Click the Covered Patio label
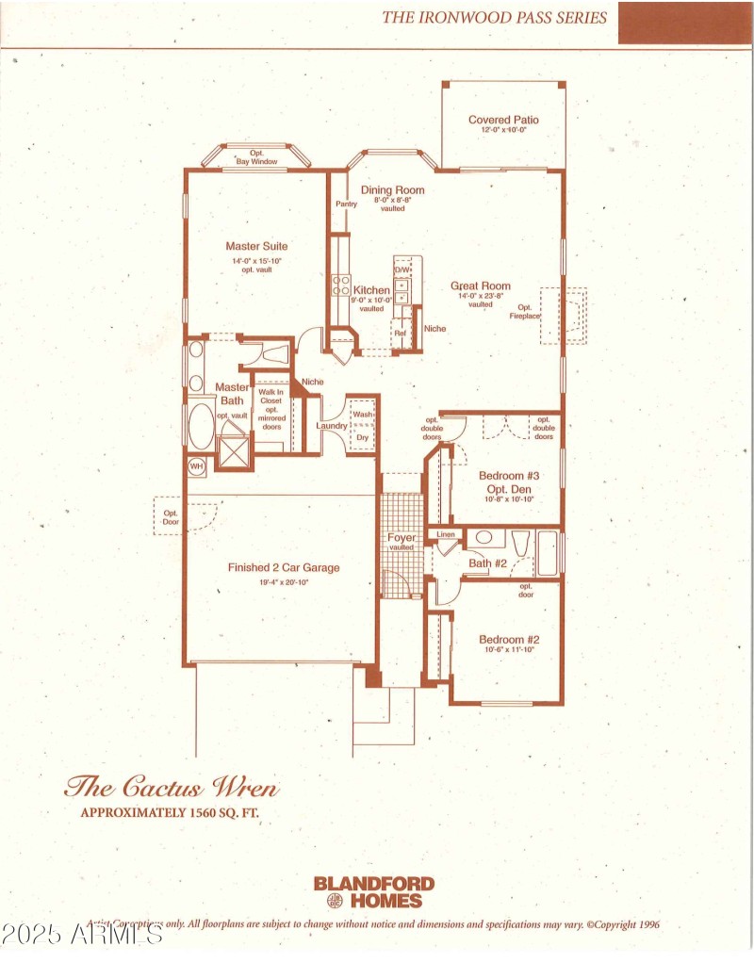(x=503, y=120)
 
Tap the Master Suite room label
(x=256, y=246)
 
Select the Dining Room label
(x=392, y=189)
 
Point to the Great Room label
(x=480, y=286)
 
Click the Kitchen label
(x=371, y=290)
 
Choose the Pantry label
(x=345, y=204)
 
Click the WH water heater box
(x=197, y=465)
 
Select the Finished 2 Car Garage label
(x=283, y=567)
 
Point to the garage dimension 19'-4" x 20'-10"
(x=283, y=582)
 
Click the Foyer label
(x=402, y=538)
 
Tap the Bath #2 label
(x=488, y=563)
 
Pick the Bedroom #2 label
(x=508, y=640)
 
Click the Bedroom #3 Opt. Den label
(x=508, y=481)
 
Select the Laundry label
(x=331, y=426)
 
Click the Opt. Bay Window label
(x=256, y=158)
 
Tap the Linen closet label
(x=446, y=535)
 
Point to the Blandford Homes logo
(x=374, y=890)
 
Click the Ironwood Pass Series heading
(x=494, y=17)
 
